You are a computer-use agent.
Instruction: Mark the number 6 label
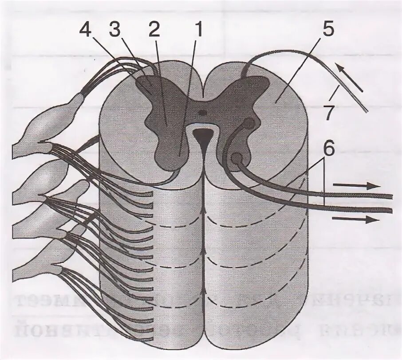[328, 149]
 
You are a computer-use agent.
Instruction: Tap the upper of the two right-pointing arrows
[356, 186]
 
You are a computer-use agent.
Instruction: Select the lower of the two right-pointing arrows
[356, 219]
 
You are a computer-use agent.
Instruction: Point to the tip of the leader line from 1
[179, 156]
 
